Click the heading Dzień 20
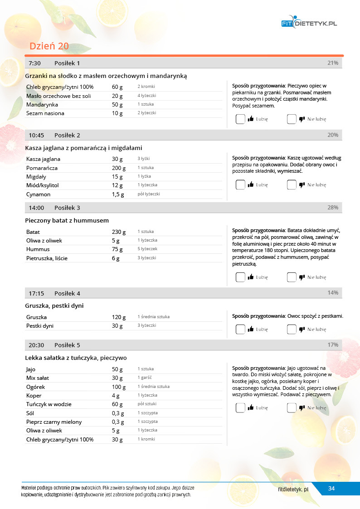click(x=49, y=46)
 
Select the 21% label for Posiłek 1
click(x=332, y=63)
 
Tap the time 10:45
click(x=36, y=135)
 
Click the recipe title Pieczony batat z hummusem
click(x=67, y=220)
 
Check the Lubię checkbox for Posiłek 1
click(x=240, y=119)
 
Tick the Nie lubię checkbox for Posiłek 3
click(x=292, y=277)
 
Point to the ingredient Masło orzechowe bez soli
click(x=58, y=96)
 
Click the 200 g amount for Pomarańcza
click(x=119, y=168)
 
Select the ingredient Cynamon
click(x=38, y=194)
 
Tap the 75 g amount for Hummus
click(x=117, y=249)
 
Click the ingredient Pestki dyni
click(x=40, y=325)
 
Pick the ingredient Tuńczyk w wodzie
click(x=49, y=404)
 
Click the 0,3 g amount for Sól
click(x=117, y=413)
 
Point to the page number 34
click(x=331, y=489)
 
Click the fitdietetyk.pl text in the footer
click(x=293, y=489)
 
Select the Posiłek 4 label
click(x=67, y=293)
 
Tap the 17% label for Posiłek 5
click(x=332, y=345)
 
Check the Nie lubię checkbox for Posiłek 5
click(x=292, y=408)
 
